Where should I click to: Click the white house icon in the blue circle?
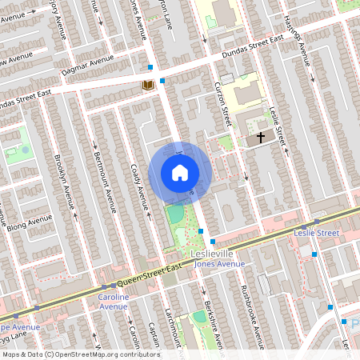coord(180,172)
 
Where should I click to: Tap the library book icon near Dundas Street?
coord(147,85)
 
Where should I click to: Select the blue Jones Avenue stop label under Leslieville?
coord(220,264)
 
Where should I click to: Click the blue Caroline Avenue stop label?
coord(113,302)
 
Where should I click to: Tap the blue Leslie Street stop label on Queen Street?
coord(318,233)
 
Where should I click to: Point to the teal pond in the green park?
coord(174,214)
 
